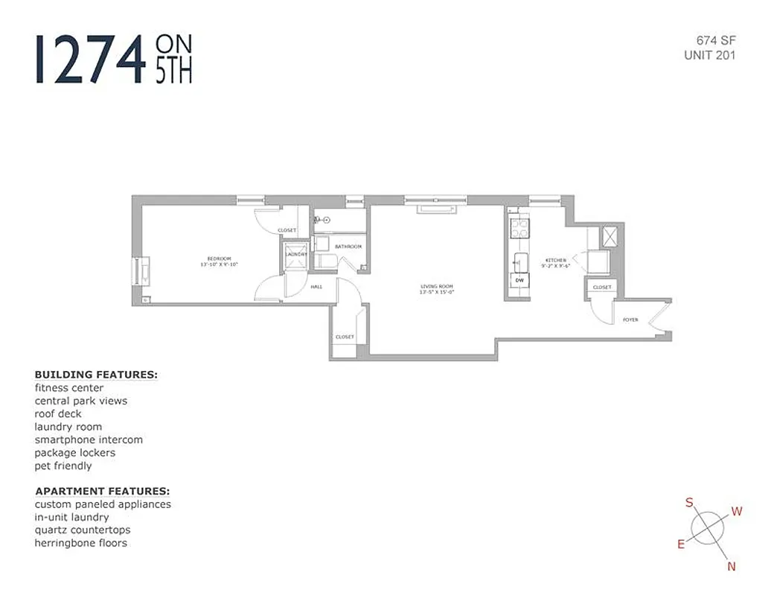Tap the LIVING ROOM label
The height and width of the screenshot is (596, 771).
435,287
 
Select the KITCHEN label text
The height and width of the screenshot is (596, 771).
556,260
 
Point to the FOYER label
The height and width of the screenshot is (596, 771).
630,320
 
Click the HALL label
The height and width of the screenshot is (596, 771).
316,286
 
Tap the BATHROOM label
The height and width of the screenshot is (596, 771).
348,247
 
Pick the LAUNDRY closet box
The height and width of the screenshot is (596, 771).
295,254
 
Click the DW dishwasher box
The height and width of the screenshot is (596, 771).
519,280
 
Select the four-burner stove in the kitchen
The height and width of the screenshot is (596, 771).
519,226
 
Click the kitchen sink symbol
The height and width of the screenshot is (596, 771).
519,260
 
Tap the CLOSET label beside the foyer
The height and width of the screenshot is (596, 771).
601,287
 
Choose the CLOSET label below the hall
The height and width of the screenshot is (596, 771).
345,337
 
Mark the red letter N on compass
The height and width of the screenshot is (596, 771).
731,567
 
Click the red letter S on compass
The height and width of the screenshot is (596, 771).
689,503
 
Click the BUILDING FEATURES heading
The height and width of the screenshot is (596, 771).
96,375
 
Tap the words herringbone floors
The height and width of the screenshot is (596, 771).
80,543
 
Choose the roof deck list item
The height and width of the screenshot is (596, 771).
58,413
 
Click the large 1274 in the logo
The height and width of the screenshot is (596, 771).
89,58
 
